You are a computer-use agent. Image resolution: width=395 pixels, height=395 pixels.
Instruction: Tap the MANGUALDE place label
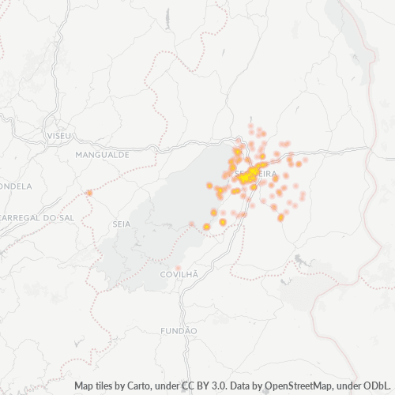pos(102,156)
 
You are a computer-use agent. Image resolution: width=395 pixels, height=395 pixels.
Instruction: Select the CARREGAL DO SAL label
pos(38,216)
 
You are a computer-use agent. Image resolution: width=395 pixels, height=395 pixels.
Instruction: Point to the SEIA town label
pos(122,224)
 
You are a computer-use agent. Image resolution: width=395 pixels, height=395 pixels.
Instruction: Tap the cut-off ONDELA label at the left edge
pos(16,186)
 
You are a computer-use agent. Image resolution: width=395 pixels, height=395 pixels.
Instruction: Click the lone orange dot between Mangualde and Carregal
pos(89,193)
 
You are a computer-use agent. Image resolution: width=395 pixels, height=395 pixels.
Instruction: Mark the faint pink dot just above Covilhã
pos(179,267)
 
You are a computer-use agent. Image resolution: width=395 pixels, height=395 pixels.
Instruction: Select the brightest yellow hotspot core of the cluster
pos(247,177)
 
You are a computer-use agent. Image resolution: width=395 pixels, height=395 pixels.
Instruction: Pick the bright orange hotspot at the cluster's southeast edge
pos(280,217)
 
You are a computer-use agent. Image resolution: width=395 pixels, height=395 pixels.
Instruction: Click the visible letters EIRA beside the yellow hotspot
pos(267,174)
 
